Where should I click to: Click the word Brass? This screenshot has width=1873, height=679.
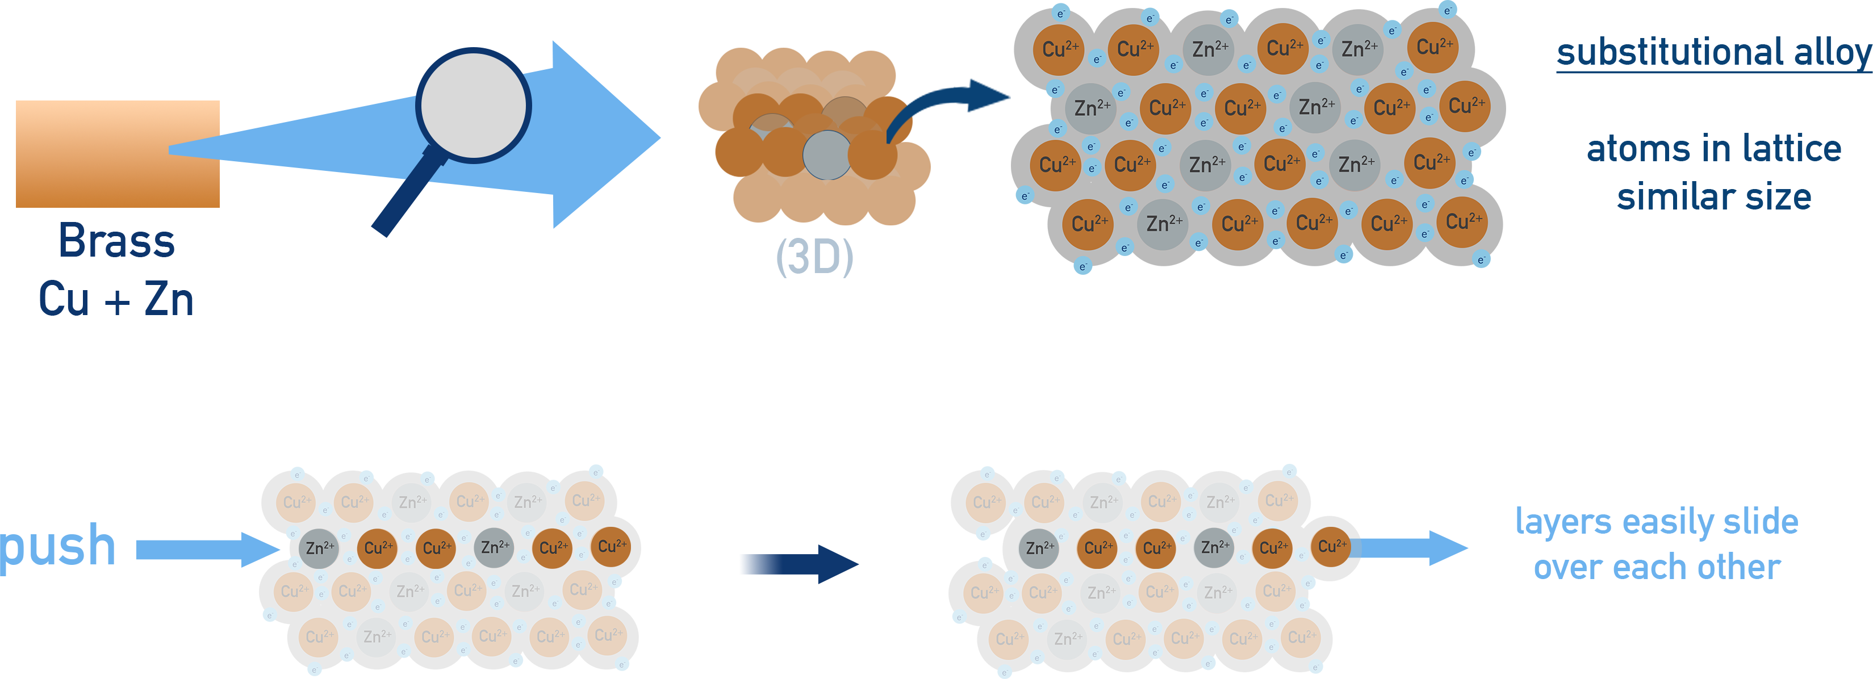tap(116, 241)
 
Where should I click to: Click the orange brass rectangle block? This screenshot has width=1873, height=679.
tap(117, 153)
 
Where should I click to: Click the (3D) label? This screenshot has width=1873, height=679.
tap(814, 257)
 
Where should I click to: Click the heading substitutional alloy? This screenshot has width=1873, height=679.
tap(1712, 52)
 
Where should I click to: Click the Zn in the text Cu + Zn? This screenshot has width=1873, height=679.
tap(169, 300)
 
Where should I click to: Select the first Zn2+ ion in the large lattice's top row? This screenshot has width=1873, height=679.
tap(1209, 49)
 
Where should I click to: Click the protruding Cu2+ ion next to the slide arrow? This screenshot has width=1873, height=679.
tap(1331, 547)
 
